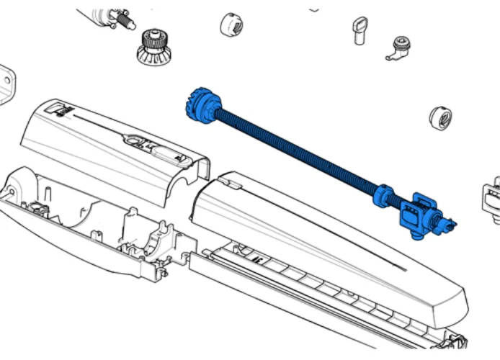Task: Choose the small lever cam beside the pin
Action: pos(398,48)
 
